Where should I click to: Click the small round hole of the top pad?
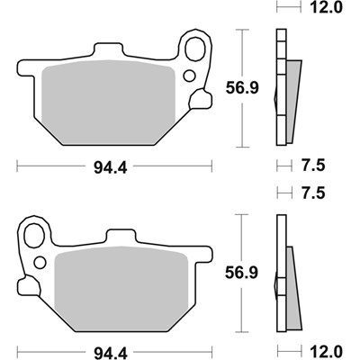[x=189, y=76]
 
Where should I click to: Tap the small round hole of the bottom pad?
[x=40, y=263]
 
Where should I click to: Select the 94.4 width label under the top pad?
[x=111, y=168]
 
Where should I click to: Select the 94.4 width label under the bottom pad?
[x=111, y=353]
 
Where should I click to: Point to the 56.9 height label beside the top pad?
[x=242, y=88]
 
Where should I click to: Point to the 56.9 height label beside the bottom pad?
[x=242, y=273]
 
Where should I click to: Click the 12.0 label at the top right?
[x=326, y=7]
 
